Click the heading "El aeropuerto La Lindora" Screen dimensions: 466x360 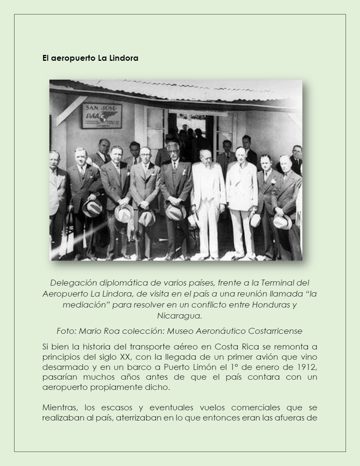pyautogui.click(x=90, y=58)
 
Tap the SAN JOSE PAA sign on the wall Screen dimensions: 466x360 pyautogui.click(x=102, y=116)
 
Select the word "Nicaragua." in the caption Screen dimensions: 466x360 pyautogui.click(x=179, y=316)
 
